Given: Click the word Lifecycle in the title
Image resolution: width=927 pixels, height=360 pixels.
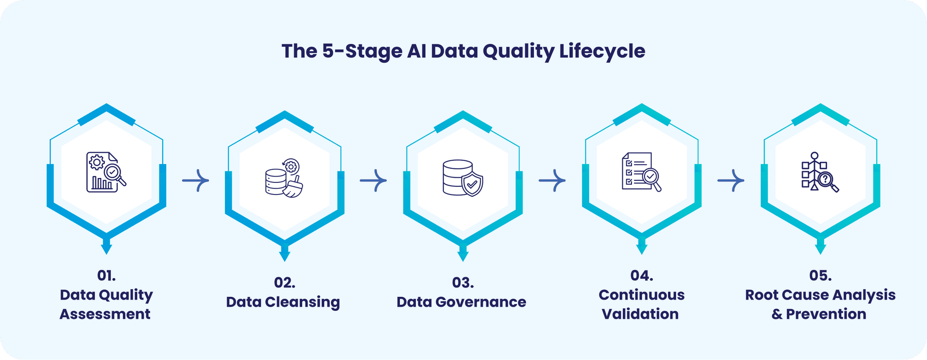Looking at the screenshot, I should (602, 51).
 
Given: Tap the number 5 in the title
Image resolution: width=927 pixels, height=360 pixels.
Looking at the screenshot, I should (328, 51).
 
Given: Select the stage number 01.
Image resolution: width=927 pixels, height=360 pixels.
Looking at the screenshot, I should (106, 276).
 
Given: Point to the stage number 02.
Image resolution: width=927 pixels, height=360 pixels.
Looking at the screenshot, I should (284, 283).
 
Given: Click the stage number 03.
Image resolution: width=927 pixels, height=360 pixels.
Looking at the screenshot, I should (463, 283).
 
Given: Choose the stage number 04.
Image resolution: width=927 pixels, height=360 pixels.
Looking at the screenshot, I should (642, 276).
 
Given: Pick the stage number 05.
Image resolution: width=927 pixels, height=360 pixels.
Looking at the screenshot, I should (820, 276).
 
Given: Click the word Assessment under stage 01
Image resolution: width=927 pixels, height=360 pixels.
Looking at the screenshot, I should (105, 314).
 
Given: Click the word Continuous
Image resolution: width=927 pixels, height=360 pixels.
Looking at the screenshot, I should (642, 295).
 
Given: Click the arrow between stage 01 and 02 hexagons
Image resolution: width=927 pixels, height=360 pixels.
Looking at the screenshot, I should (196, 180).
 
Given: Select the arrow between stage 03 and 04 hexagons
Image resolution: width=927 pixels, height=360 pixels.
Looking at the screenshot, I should (552, 180).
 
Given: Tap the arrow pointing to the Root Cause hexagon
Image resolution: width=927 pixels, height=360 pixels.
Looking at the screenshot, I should (731, 180).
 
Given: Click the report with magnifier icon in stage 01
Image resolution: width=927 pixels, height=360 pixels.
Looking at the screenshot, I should (106, 172).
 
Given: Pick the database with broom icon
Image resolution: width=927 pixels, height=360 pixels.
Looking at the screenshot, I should (284, 179).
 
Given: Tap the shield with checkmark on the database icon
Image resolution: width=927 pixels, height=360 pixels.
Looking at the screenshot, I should (472, 184).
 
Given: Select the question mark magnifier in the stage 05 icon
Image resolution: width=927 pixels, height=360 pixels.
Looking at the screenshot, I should (827, 180).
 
